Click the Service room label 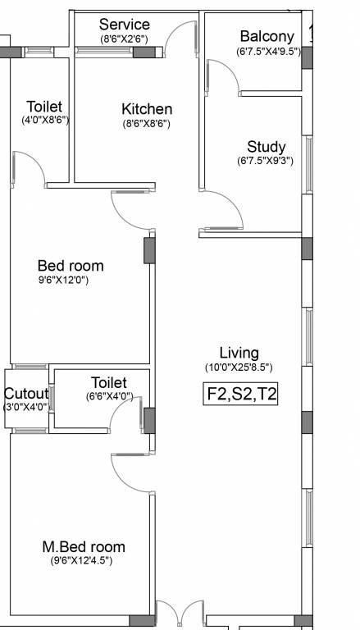tap(125, 24)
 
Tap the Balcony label tap(267, 36)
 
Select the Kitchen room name tap(147, 109)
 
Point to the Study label tap(267, 147)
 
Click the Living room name tap(239, 354)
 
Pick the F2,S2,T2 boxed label tap(240, 394)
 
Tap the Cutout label tap(26, 393)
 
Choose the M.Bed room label tap(84, 547)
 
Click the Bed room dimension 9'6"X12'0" tap(63, 280)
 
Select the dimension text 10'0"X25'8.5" tap(239, 367)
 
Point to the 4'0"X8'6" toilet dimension tap(45, 120)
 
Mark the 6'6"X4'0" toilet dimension tap(109, 396)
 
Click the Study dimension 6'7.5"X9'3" tap(265, 161)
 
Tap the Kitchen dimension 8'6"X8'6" tap(146, 123)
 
